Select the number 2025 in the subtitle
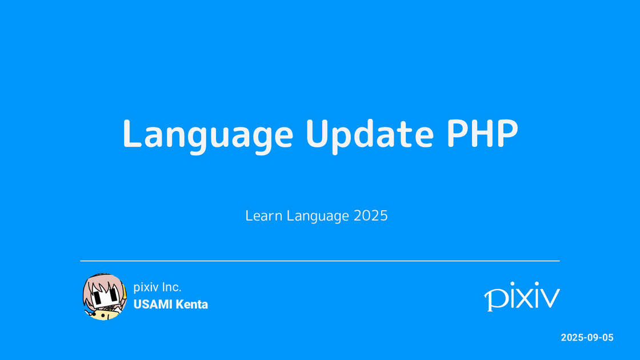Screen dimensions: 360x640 point(370,216)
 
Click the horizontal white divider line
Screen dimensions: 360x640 point(320,261)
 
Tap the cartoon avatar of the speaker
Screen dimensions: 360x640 point(103,296)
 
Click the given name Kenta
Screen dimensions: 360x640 point(192,305)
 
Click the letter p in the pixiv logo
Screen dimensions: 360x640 point(494,299)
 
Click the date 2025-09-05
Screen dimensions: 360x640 point(587,338)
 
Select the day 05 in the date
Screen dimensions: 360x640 point(607,338)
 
